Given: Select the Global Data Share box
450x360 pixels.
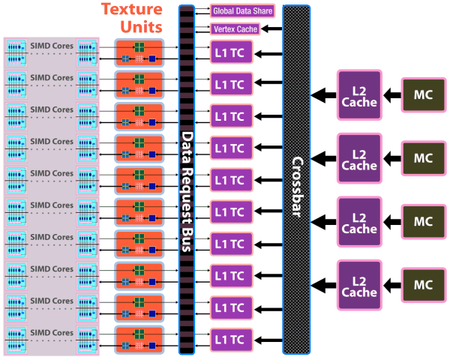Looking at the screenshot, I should click(x=242, y=11).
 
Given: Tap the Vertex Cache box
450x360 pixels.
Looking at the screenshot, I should click(x=235, y=29).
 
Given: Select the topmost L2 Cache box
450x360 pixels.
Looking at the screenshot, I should click(x=359, y=94).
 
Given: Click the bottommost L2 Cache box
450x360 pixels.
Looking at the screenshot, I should click(x=359, y=284).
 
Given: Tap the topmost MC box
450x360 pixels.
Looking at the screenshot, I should click(x=423, y=94).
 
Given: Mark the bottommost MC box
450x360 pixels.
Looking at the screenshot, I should click(x=423, y=284).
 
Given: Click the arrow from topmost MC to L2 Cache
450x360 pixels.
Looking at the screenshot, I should click(x=392, y=94).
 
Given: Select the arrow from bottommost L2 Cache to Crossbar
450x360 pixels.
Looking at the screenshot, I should click(x=324, y=284).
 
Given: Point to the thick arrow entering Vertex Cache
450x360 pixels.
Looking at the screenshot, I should click(x=271, y=29).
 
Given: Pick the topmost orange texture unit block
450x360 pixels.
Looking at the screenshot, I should click(x=139, y=52).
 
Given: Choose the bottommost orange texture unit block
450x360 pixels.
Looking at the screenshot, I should click(x=139, y=340).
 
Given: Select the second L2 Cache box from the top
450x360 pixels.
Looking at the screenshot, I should click(x=359, y=158).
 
